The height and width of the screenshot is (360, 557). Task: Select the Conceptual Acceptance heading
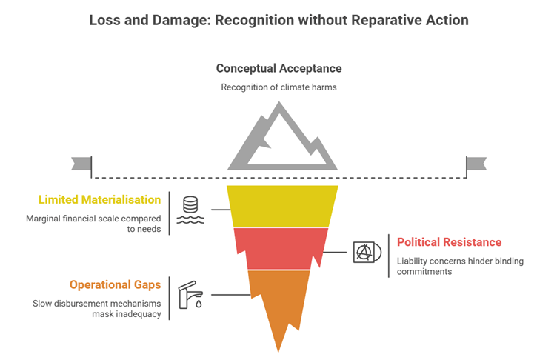(278, 68)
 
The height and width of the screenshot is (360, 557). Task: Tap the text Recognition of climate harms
(278, 87)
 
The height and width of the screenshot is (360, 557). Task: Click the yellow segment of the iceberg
(281, 205)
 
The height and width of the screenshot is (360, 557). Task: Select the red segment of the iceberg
(280, 248)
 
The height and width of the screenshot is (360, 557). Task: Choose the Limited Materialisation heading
(99, 200)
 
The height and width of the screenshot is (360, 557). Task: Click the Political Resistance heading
(449, 242)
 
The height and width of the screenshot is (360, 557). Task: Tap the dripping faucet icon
(190, 294)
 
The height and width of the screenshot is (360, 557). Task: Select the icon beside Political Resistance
(366, 253)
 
